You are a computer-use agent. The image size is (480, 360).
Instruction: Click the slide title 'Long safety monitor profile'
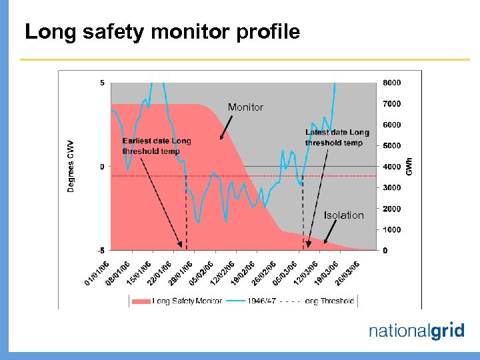tap(162, 31)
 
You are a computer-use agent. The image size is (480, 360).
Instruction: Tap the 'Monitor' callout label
tap(245, 107)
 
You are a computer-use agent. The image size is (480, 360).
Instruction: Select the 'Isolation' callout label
tap(343, 215)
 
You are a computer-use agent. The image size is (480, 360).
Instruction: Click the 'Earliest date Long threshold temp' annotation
tap(157, 146)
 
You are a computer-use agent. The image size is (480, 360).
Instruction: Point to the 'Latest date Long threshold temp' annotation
tap(337, 137)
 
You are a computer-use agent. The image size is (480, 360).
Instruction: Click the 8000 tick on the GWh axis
tap(391, 83)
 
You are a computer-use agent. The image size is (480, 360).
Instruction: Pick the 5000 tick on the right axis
tap(391, 145)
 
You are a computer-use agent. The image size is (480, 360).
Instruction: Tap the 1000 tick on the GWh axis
tap(391, 229)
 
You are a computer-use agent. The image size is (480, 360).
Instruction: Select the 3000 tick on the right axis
tap(391, 187)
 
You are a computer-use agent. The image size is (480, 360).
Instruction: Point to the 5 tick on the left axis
tap(101, 83)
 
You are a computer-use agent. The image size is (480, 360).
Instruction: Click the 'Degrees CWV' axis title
tap(71, 166)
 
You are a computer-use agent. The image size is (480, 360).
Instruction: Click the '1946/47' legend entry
tap(262, 301)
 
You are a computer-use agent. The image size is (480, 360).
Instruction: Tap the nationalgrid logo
tap(416, 331)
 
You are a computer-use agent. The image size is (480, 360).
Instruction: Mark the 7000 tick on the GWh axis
tap(391, 103)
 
